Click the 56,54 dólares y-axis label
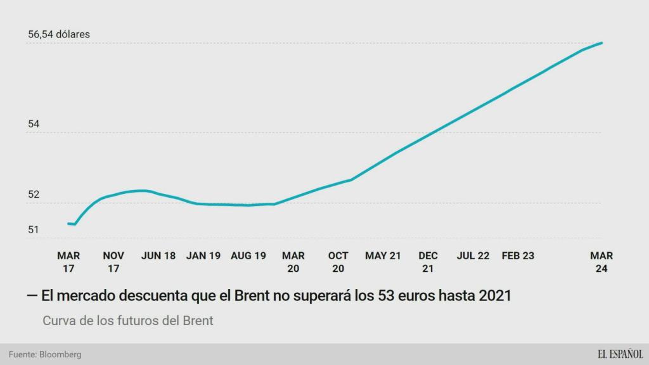[59, 34]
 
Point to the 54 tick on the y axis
[34, 124]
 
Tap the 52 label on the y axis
[34, 195]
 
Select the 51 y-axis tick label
[34, 229]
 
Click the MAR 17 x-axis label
[68, 262]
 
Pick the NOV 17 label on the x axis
[113, 262]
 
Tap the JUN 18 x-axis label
[158, 256]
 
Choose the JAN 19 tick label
[203, 256]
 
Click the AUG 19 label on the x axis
[248, 256]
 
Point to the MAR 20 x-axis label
[293, 262]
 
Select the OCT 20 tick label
[338, 262]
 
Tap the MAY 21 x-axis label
[383, 256]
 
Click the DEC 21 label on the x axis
[428, 262]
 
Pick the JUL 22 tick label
[473, 256]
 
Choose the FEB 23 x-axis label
[518, 256]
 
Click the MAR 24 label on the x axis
[601, 262]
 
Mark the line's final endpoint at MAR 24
[601, 43]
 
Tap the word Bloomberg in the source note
[60, 354]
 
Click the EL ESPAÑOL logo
[620, 354]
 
